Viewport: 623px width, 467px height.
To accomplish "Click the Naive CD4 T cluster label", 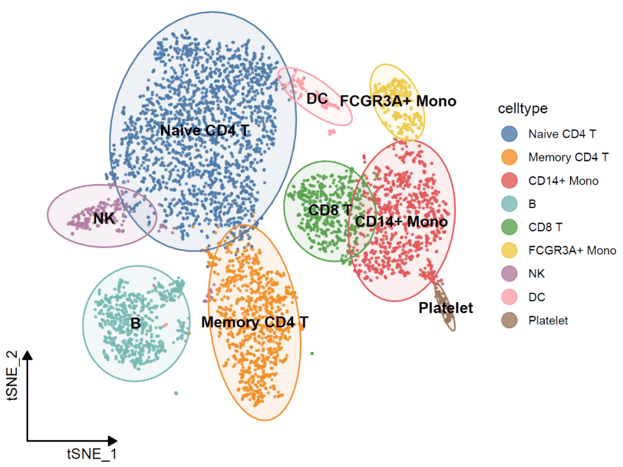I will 205,130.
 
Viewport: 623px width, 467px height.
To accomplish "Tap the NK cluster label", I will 104,218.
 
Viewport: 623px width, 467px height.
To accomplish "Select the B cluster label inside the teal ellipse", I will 136,323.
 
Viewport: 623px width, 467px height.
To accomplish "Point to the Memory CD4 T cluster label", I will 254,322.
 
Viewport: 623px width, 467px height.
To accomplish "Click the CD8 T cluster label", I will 330,210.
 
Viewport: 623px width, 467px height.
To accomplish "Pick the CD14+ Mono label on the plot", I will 401,221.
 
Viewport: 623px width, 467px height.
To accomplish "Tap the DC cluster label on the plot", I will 317,99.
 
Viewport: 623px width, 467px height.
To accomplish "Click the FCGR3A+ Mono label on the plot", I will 398,101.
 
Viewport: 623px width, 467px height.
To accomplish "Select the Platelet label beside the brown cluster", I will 446,308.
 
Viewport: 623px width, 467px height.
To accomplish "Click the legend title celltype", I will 523,108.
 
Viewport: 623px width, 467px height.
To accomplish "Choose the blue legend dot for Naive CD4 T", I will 509,134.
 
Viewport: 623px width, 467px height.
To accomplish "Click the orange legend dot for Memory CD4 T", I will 509,157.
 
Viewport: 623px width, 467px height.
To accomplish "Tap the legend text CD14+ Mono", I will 563,181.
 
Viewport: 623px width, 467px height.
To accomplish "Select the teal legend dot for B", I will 509,204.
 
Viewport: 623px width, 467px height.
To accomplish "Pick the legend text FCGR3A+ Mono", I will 572,251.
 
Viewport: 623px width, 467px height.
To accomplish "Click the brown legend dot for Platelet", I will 509,321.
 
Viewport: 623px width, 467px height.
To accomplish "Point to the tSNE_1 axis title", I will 92,454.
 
